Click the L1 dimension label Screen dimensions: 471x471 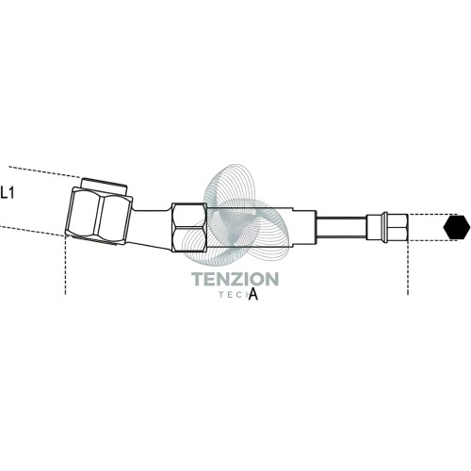click(7, 192)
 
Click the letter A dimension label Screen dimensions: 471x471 click(253, 294)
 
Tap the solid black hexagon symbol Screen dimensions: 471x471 click(457, 227)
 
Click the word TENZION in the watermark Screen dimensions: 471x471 click(235, 279)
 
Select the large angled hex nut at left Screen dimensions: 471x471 click(99, 216)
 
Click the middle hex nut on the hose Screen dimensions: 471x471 click(189, 227)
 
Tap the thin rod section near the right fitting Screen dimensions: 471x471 click(341, 227)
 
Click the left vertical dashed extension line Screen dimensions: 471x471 click(65, 265)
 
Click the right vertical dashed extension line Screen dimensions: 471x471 click(408, 268)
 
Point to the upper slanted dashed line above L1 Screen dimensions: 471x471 click(44, 172)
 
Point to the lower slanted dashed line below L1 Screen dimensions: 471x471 click(32, 231)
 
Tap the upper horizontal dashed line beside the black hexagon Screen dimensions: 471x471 click(432, 215)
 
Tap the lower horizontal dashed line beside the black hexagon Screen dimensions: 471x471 click(432, 241)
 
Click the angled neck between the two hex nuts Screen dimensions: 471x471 click(152, 227)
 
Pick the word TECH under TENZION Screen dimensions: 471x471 click(238, 295)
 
